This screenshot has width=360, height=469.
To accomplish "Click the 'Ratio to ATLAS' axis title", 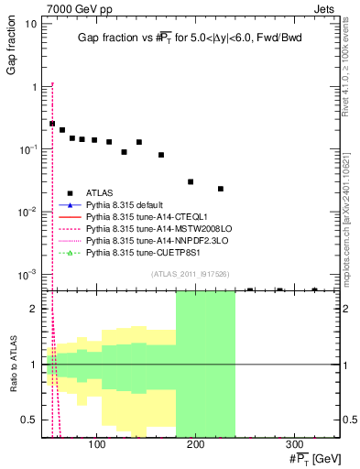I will [11, 364].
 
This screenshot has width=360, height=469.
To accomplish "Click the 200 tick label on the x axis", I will [195, 445].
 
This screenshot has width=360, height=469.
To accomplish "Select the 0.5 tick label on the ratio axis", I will [30, 420].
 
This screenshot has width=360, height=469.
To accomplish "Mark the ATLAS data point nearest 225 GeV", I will [221, 189].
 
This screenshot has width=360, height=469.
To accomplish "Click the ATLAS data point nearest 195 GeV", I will [191, 182].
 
